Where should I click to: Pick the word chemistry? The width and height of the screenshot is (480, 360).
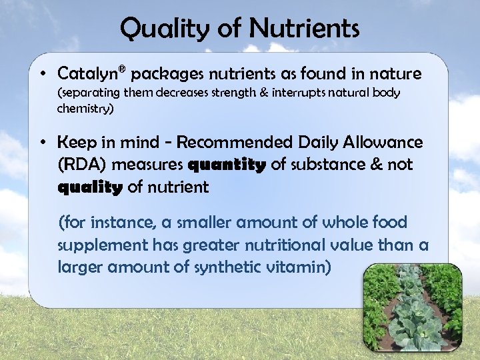85,108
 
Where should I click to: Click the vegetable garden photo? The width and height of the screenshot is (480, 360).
413,307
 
